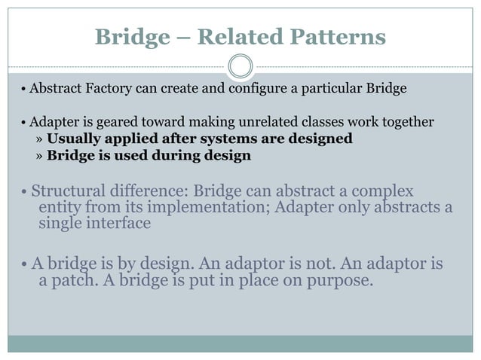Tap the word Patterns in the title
tap(339, 36)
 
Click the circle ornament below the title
tap(240, 66)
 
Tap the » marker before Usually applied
tap(39, 139)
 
